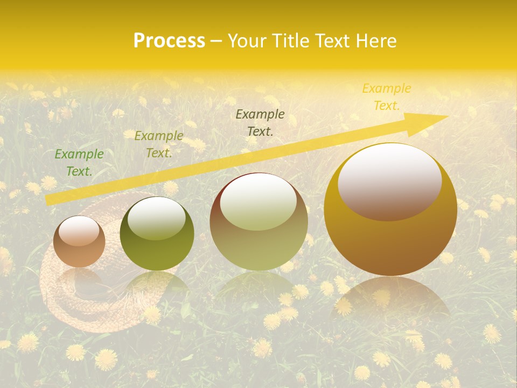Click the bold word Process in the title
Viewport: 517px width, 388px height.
tap(169, 41)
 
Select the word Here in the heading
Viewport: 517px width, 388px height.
tap(375, 41)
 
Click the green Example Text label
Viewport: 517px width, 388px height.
tap(79, 163)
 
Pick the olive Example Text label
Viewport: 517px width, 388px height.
tap(158, 144)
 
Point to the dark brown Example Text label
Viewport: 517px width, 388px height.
tap(260, 123)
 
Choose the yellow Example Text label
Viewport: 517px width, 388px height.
tap(386, 97)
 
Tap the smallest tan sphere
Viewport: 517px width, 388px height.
tap(79, 242)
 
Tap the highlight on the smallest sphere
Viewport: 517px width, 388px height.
tap(79, 231)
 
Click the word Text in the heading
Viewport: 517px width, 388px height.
tap(333, 41)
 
